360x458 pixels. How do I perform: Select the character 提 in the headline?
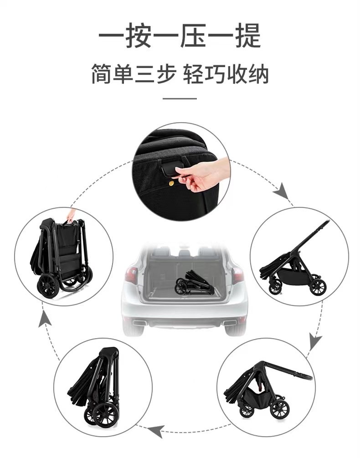[x=247, y=36]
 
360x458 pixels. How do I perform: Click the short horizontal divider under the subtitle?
[x=180, y=98]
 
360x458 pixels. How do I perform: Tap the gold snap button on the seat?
[x=171, y=183]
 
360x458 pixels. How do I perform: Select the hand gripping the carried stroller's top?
[x=70, y=215]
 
